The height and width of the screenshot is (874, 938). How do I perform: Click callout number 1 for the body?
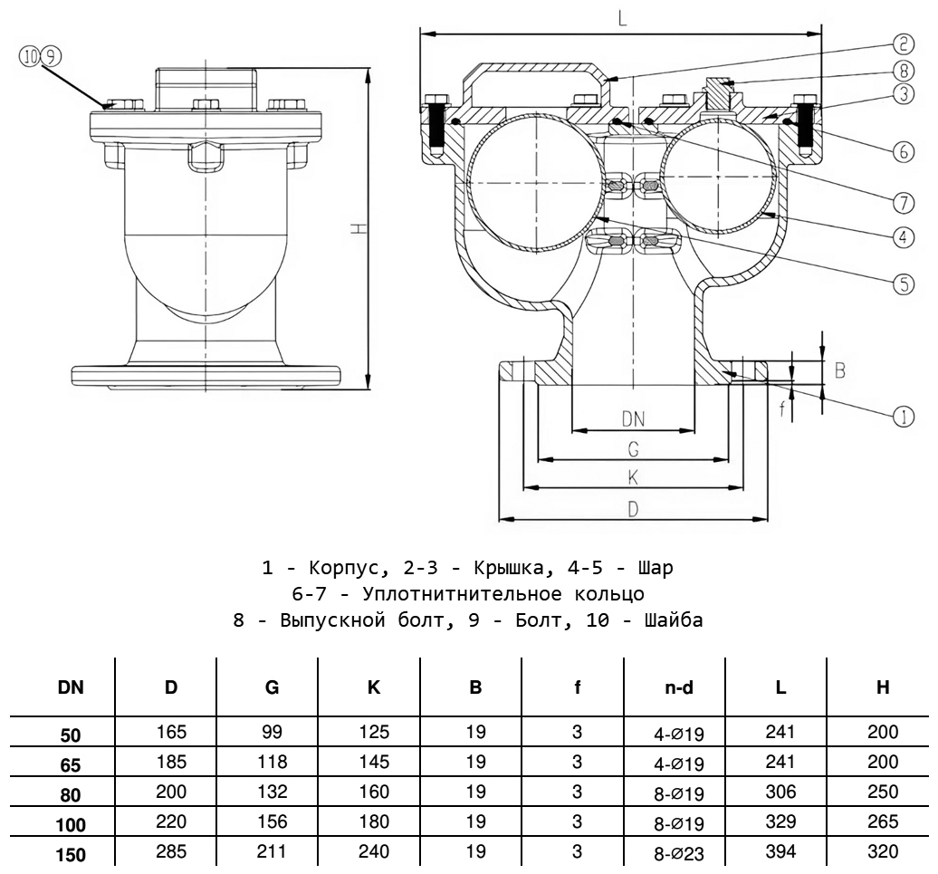(x=903, y=416)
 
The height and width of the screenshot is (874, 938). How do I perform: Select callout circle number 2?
(x=903, y=43)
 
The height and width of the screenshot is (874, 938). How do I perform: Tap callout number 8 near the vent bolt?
(x=903, y=69)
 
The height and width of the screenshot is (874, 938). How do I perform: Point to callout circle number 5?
(x=903, y=283)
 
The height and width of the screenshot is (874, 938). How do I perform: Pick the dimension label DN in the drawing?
(x=633, y=418)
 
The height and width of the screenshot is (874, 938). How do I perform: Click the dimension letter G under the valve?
(x=633, y=448)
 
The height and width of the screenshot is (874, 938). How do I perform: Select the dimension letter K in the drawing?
(x=633, y=477)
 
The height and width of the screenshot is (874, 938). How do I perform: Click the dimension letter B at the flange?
(x=839, y=370)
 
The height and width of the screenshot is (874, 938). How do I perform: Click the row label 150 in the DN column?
(x=72, y=852)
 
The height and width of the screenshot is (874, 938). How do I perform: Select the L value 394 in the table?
(x=780, y=851)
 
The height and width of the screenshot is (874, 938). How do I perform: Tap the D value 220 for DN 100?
(x=171, y=822)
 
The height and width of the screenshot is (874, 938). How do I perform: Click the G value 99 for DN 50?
(x=273, y=732)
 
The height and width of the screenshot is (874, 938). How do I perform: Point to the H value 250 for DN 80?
(x=882, y=792)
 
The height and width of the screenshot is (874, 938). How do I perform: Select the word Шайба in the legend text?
(x=671, y=620)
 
